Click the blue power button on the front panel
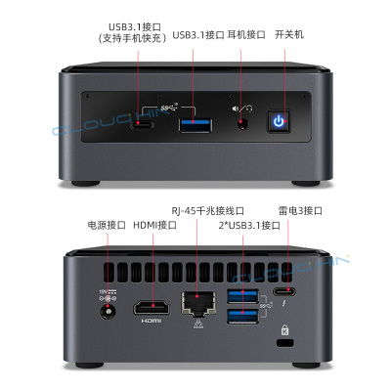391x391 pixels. [279, 121]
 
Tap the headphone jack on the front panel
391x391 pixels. [241, 123]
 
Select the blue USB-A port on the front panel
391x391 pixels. [195, 126]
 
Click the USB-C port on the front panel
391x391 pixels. [143, 125]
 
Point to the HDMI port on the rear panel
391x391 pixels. [152, 308]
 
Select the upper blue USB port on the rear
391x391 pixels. [243, 296]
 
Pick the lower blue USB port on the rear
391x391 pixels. [243, 317]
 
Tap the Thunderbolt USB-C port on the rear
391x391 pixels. [284, 291]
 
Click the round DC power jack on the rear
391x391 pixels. [108, 312]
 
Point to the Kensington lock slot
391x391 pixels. [284, 343]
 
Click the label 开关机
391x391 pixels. [289, 34]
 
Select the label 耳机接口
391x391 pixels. [246, 34]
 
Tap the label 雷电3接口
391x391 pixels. [300, 210]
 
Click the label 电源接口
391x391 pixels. [107, 225]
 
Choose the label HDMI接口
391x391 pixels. [155, 225]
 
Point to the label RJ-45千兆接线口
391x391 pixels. [208, 210]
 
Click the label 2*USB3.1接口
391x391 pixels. [249, 225]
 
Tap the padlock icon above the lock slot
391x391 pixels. [284, 329]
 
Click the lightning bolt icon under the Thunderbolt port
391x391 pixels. [284, 304]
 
